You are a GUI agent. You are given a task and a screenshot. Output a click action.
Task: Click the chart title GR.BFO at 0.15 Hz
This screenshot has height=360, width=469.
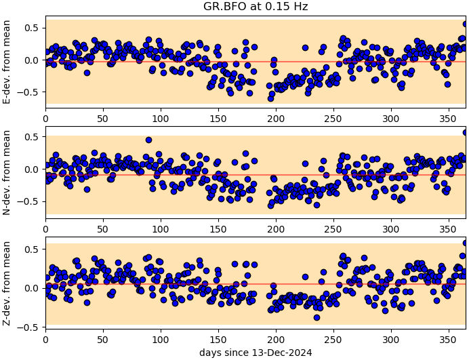tap(256, 7)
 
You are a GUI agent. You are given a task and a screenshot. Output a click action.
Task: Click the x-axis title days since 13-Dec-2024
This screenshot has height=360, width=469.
tap(256, 353)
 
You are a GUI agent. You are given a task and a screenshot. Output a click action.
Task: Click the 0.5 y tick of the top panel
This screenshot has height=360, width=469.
tap(30, 28)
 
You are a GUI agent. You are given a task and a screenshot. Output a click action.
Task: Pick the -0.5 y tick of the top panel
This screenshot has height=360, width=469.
tap(28, 92)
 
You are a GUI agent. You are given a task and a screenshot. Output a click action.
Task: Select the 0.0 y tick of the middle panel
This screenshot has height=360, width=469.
tap(30, 169)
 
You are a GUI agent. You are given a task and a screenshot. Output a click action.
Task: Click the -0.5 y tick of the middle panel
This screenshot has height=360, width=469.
tap(28, 201)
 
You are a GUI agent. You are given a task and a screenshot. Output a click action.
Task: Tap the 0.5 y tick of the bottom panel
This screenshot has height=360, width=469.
tap(30, 249)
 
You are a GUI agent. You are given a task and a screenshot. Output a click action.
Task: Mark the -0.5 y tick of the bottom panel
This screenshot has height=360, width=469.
tap(28, 327)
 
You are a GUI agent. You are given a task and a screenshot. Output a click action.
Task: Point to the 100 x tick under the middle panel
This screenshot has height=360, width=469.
tap(161, 227)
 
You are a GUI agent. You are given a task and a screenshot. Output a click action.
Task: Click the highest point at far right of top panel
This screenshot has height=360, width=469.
tap(466, 24)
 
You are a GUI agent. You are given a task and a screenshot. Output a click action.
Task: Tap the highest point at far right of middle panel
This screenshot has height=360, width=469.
tap(466, 132)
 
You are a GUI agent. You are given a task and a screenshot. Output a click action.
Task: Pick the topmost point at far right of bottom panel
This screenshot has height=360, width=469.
tap(466, 243)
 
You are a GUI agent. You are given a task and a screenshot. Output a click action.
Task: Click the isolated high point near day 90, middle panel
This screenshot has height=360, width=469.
tap(148, 140)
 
